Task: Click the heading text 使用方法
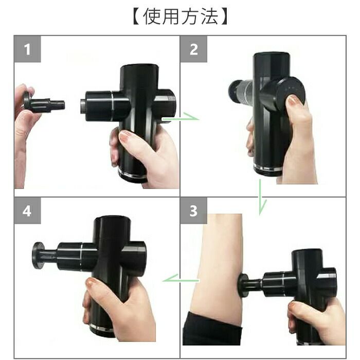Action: coord(180,16)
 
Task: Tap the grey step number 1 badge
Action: coord(28,49)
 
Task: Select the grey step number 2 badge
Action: coord(193,49)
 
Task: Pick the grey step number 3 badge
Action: coord(193,210)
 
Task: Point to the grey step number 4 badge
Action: coord(28,210)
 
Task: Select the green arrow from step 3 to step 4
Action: coord(181,280)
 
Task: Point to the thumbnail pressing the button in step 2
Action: coord(293,101)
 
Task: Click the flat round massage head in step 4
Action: coord(38,255)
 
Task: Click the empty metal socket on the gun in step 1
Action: coord(83,106)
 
